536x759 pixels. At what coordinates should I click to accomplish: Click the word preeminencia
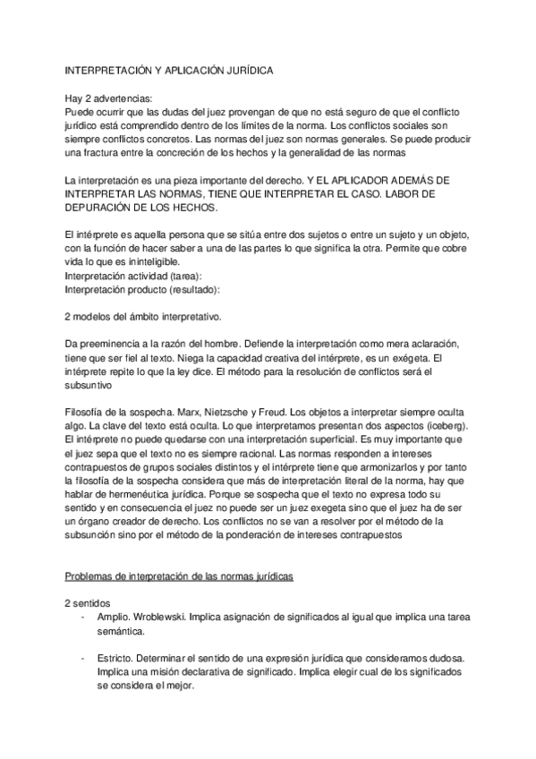point(120,345)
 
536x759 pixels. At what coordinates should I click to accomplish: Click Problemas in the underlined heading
point(91,579)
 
